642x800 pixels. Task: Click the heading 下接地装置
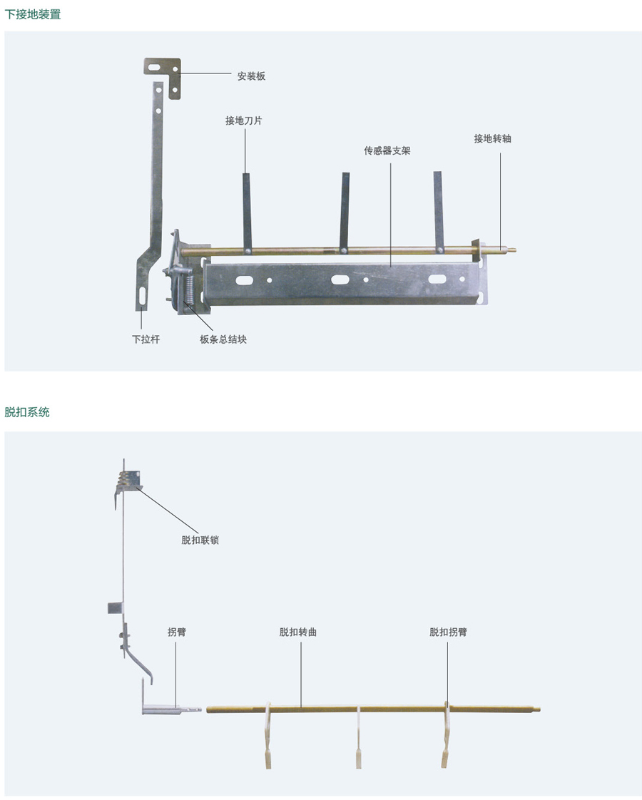[x=33, y=14]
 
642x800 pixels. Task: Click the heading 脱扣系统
[x=27, y=412]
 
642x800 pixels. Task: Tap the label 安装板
[x=251, y=76]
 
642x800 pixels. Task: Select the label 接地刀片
[x=243, y=120]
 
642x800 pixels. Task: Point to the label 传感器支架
[x=387, y=150]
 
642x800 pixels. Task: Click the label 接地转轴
[x=492, y=138]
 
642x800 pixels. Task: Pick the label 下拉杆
[x=146, y=339]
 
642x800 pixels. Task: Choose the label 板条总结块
[x=223, y=339]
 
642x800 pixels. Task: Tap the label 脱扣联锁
[x=200, y=540]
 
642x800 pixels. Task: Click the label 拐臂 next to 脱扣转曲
[x=177, y=632]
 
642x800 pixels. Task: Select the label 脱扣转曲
[x=297, y=632]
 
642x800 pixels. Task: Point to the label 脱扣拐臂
[x=448, y=632]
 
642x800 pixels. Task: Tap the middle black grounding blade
[x=345, y=212]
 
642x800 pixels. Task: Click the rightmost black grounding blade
[x=439, y=211]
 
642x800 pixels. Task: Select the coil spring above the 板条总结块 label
[x=188, y=291]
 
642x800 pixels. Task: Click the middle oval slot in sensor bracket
[x=340, y=280]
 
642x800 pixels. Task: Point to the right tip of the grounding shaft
[x=516, y=250]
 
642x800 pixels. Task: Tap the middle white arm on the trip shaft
[x=358, y=737]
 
